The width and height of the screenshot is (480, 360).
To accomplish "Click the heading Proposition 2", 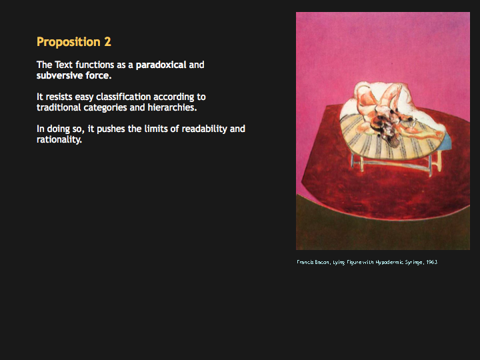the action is (74, 42).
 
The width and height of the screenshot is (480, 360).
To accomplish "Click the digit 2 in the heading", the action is (107, 41).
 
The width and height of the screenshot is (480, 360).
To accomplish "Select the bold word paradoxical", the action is (161, 65).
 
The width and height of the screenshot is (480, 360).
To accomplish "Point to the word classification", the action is (123, 97).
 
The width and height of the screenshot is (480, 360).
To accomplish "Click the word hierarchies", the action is (172, 107).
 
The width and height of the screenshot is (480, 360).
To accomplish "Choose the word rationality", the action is (59, 139).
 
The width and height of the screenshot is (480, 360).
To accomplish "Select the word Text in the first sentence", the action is (64, 65).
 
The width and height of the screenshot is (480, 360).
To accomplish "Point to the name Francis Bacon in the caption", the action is (313, 262).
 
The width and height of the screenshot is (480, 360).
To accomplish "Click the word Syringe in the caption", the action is (414, 263).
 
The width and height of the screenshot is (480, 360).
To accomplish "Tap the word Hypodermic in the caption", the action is (389, 263).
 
